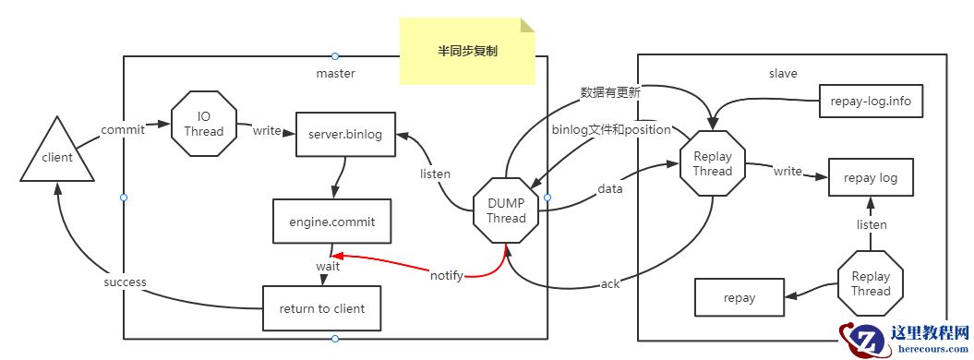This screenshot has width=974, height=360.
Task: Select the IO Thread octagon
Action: point(204,125)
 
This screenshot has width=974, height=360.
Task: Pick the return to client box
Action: point(321,308)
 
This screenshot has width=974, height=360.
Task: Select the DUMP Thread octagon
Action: point(506,210)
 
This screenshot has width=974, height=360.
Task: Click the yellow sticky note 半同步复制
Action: point(467,52)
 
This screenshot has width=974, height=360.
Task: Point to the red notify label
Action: point(447,274)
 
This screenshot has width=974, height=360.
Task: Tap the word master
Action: point(335,73)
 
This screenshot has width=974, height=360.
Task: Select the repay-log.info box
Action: point(871,101)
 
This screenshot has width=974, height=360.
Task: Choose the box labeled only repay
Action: point(740,297)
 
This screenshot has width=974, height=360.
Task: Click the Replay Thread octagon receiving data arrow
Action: point(713,162)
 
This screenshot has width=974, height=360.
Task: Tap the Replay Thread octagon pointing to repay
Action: point(871,283)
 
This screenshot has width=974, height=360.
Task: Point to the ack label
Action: point(610,283)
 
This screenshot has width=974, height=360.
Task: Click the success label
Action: point(125,282)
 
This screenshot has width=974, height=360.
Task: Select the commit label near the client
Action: point(122,129)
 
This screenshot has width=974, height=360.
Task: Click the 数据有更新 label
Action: point(610,91)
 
